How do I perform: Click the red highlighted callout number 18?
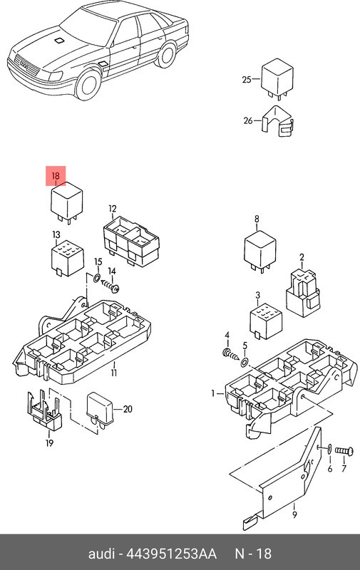pos(56,176)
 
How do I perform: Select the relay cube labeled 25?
pos(277,79)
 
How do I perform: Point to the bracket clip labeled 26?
pos(278,121)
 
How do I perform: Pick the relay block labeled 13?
pos(68,258)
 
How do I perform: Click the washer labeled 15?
pos(97,279)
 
